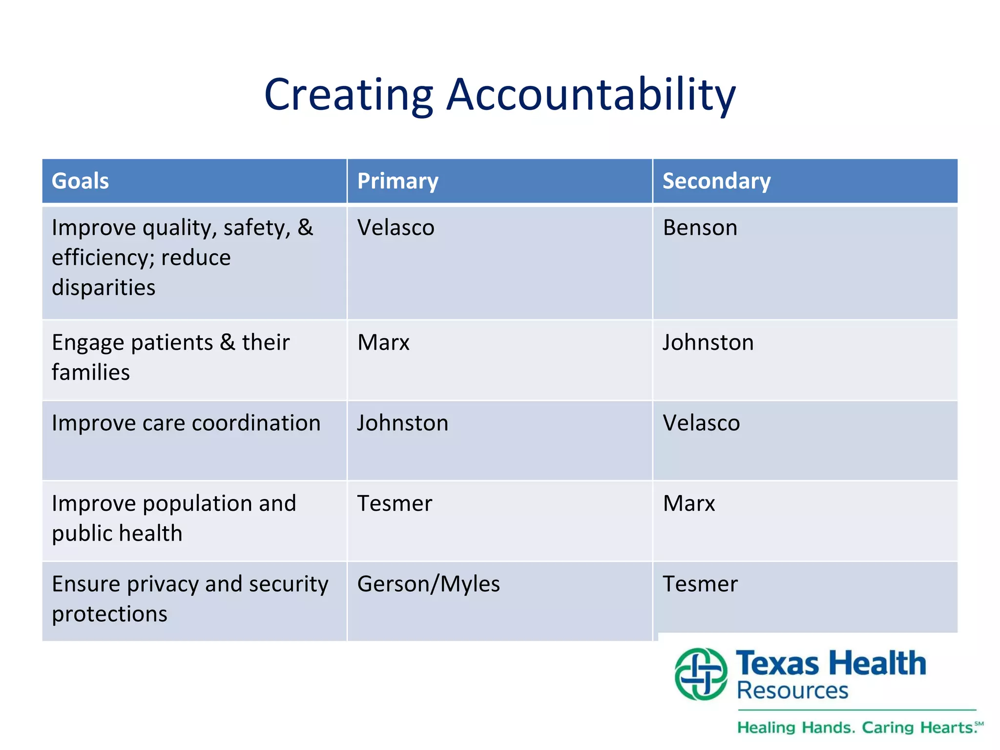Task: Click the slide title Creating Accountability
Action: [500, 95]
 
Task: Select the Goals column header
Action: [81, 181]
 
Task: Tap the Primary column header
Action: [398, 181]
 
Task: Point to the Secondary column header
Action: [716, 181]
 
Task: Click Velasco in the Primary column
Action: [396, 228]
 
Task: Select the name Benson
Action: [700, 228]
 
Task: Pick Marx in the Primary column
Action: [383, 342]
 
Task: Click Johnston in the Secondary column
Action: [708, 342]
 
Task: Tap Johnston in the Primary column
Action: [403, 423]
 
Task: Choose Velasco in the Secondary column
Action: [701, 423]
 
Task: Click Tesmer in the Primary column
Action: [395, 503]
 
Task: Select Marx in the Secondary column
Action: [689, 503]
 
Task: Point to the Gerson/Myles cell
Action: [429, 584]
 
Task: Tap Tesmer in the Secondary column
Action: [700, 584]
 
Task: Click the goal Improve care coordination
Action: [186, 423]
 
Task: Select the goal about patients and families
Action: [170, 357]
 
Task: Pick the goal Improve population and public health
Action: [174, 518]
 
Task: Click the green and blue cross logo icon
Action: [701, 674]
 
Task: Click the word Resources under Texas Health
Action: [792, 691]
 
